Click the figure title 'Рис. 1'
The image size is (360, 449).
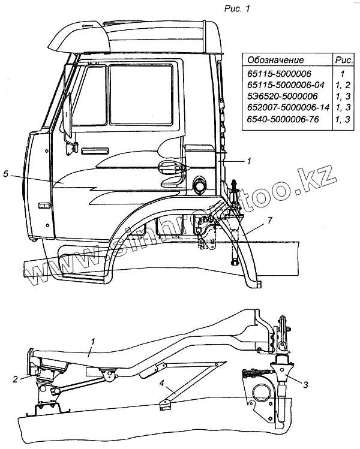tap(241, 8)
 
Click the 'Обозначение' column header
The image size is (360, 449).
tap(276, 60)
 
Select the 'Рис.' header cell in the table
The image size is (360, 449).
tap(343, 60)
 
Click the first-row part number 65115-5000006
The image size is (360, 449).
tap(276, 73)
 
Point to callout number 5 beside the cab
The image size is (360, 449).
tap(5, 174)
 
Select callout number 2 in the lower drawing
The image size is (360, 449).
tap(15, 378)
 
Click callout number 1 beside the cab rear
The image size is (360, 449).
tap(248, 161)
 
